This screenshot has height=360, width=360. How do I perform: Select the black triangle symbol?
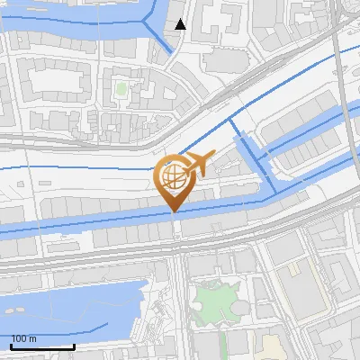[x=181, y=24]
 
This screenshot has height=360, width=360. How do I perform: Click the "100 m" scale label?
[x=23, y=339]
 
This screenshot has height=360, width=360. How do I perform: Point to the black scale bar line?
[x=42, y=346]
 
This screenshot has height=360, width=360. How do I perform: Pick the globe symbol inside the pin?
[x=174, y=175]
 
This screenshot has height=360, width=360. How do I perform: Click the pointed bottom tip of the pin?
[x=174, y=211]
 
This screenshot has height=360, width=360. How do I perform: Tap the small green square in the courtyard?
[x=121, y=88]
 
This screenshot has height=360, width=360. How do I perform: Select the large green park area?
[x=214, y=301]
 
